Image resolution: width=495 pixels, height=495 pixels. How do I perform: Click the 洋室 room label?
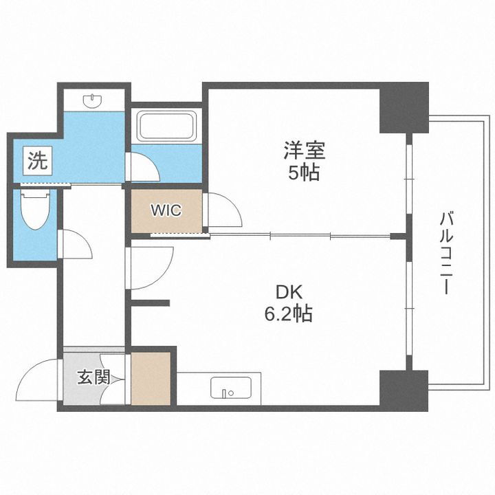pyautogui.click(x=302, y=149)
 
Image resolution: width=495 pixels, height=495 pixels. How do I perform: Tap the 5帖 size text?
pyautogui.click(x=302, y=173)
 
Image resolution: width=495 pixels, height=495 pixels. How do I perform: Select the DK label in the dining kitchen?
pyautogui.click(x=289, y=292)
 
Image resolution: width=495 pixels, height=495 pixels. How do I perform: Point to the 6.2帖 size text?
pyautogui.click(x=289, y=315)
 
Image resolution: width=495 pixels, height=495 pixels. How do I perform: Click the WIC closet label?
pyautogui.click(x=166, y=210)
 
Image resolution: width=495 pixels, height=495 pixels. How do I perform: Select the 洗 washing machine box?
pyautogui.click(x=37, y=162)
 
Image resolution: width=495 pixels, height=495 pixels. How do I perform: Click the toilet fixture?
pyautogui.click(x=32, y=210)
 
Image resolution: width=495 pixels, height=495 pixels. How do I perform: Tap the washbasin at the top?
pyautogui.click(x=92, y=102)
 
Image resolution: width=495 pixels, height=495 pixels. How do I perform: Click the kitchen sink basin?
pyautogui.click(x=228, y=388)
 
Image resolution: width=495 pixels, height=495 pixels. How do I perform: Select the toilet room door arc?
pyautogui.click(x=74, y=244)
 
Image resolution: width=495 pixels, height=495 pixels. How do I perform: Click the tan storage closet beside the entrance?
pyautogui.click(x=151, y=378)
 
